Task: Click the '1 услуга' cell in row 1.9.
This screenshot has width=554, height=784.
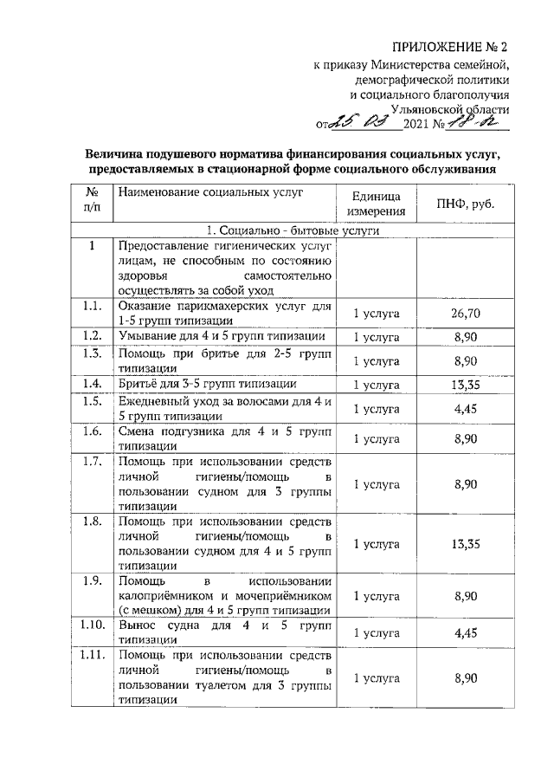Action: pos(376,597)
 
